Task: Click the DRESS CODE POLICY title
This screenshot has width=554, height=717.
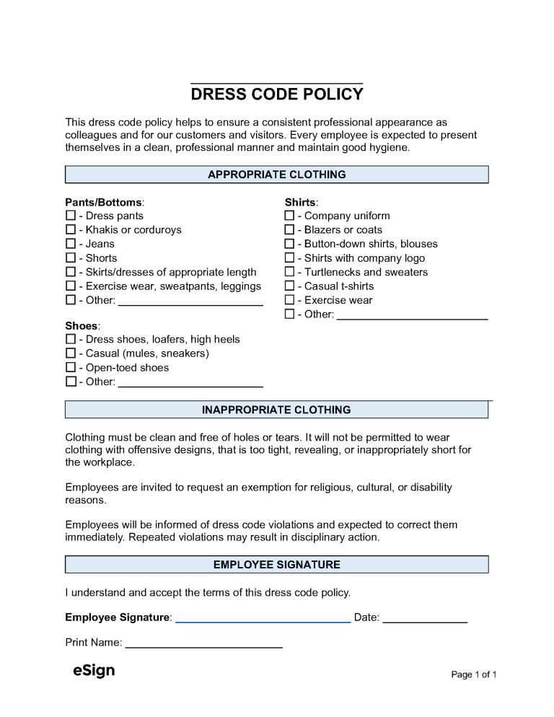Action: (277, 94)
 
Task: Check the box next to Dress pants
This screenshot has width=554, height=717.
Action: (71, 216)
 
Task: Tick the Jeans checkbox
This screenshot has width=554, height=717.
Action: (71, 244)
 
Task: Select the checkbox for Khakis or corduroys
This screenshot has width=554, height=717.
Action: (71, 230)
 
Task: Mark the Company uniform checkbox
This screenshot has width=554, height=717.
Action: (289, 216)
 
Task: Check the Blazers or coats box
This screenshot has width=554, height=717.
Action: (289, 230)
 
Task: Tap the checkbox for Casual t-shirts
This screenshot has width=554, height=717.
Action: (289, 286)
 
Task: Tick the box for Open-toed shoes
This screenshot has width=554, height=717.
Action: (71, 368)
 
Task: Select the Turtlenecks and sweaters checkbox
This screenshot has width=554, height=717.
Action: (289, 272)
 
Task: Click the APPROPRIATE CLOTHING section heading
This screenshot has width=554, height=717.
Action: (277, 175)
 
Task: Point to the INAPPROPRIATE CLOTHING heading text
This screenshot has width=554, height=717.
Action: (277, 410)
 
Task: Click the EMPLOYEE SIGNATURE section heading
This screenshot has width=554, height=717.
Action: (277, 565)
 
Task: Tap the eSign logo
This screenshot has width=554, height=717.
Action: (94, 671)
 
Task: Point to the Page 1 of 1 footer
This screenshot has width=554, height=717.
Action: (473, 674)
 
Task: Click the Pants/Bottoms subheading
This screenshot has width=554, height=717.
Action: (105, 202)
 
